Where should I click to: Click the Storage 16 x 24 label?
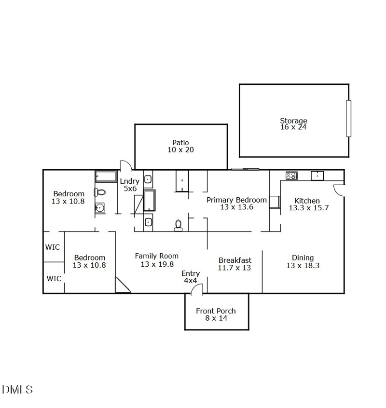pyautogui.click(x=293, y=124)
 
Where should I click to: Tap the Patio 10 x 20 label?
pyautogui.click(x=180, y=146)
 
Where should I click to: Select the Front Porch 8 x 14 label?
pyautogui.click(x=216, y=314)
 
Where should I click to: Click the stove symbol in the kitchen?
pyautogui.click(x=291, y=176)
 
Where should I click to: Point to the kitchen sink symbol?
pyautogui.click(x=317, y=175)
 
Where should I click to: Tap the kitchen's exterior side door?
pyautogui.click(x=340, y=190)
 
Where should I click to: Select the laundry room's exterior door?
pyautogui.click(x=125, y=165)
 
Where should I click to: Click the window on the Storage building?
pyautogui.click(x=348, y=118)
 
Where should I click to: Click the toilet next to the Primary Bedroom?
pyautogui.click(x=178, y=225)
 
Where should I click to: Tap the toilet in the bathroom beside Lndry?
pyautogui.click(x=100, y=192)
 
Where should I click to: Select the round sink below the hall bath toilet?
pyautogui.click(x=99, y=208)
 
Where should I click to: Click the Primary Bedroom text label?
pyautogui.click(x=236, y=200)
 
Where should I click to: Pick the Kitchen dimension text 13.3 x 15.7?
pyautogui.click(x=308, y=208)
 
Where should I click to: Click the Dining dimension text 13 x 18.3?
pyautogui.click(x=303, y=265)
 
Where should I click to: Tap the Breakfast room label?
pyautogui.click(x=234, y=260)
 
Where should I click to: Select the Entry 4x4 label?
pyautogui.click(x=190, y=277)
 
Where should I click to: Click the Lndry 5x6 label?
pyautogui.click(x=129, y=185)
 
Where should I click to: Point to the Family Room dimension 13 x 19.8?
pyautogui.click(x=156, y=264)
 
